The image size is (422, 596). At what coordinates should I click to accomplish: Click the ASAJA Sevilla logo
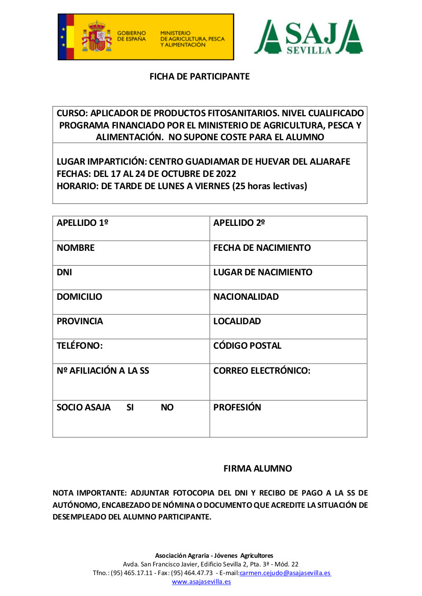click(x=308, y=37)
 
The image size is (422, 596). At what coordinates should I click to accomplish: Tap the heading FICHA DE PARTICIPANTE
click(x=199, y=76)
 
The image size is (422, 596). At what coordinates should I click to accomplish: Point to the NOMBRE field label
click(x=76, y=248)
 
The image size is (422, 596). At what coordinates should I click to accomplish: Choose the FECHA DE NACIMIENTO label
click(x=262, y=248)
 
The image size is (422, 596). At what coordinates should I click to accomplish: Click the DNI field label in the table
click(x=64, y=272)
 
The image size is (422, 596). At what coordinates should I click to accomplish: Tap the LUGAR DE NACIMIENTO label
click(x=263, y=272)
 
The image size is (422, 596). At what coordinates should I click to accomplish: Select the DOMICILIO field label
click(x=79, y=297)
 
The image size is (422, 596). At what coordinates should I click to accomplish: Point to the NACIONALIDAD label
click(x=246, y=297)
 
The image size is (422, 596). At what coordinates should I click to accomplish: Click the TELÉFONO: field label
click(x=80, y=346)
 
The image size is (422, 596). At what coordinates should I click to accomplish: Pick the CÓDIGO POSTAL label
click(x=247, y=346)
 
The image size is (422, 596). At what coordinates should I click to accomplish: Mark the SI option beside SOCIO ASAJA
click(x=130, y=407)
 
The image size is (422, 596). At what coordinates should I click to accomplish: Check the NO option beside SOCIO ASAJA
click(x=167, y=407)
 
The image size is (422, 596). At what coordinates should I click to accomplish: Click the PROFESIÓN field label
click(x=237, y=407)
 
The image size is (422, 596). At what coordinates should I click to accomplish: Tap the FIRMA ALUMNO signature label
click(x=258, y=469)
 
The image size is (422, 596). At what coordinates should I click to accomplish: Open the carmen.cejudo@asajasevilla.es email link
click(x=285, y=573)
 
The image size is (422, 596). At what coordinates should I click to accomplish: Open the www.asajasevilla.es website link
click(x=201, y=582)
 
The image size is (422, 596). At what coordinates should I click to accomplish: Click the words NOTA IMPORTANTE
click(x=90, y=494)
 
